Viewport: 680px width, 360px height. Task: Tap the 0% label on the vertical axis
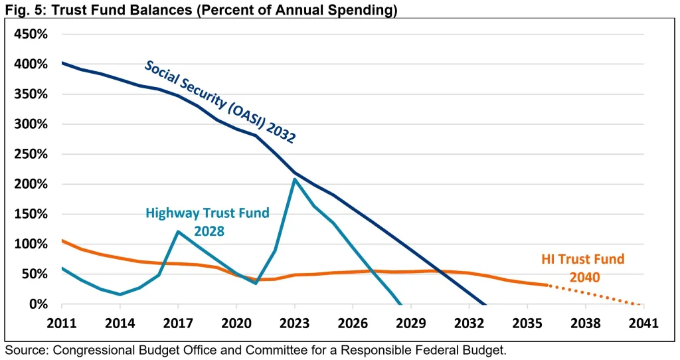(x=37, y=304)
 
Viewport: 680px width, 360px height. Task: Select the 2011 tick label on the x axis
(x=62, y=323)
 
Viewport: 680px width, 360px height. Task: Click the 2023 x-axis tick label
(x=294, y=323)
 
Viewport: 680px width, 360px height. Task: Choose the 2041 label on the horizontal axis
(x=643, y=323)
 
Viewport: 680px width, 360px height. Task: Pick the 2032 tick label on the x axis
(x=469, y=323)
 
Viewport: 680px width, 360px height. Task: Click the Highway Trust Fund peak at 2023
(x=294, y=179)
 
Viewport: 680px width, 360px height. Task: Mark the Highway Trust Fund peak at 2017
(x=178, y=232)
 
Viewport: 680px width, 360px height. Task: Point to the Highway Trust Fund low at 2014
(x=120, y=294)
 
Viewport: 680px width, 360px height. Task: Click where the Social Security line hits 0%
(x=485, y=304)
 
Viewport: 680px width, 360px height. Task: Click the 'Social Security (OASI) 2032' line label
(x=220, y=102)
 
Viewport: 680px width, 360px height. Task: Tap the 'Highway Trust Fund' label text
(x=207, y=213)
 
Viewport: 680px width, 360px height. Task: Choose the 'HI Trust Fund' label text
(x=583, y=259)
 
